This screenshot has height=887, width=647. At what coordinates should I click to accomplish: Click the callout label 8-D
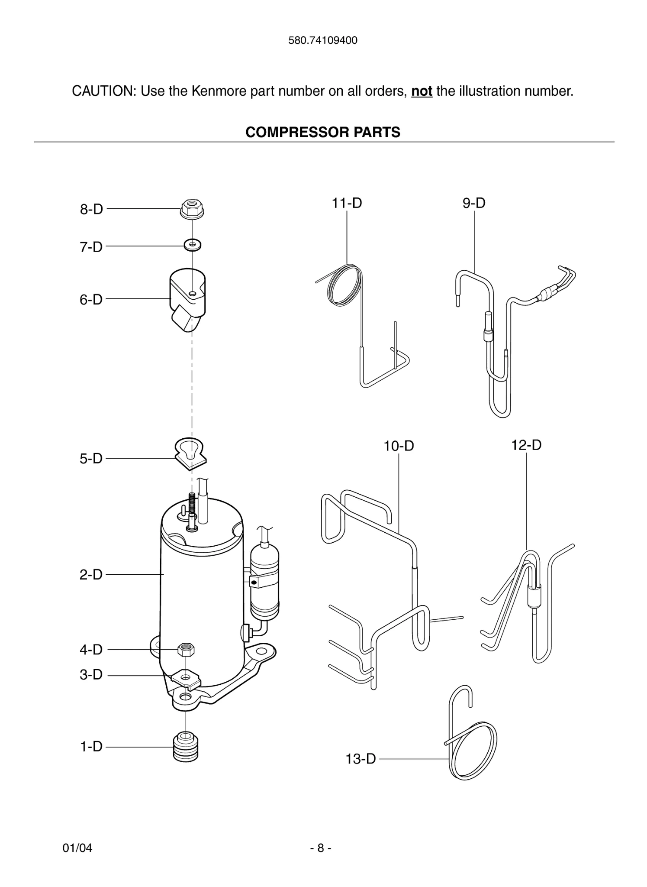click(x=91, y=209)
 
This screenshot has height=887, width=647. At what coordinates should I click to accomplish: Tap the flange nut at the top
click(x=192, y=210)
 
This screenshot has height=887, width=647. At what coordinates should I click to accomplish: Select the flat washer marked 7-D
click(x=192, y=245)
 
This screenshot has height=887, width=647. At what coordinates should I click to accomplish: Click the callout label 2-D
click(x=91, y=575)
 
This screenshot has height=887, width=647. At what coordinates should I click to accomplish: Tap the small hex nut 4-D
click(x=186, y=649)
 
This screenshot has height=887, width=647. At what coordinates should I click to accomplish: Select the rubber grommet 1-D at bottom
click(x=186, y=747)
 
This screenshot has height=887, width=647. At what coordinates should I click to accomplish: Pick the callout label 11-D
click(x=347, y=203)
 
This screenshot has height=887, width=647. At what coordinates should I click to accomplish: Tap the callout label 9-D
click(x=474, y=203)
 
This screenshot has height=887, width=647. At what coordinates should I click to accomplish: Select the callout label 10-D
click(x=399, y=446)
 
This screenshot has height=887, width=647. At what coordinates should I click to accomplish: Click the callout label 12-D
click(x=526, y=445)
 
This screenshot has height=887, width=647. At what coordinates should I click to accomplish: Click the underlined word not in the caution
click(x=422, y=91)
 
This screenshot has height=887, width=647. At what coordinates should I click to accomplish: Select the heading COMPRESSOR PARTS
click(x=323, y=132)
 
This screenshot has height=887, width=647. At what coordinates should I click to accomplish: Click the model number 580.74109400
click(x=323, y=41)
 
